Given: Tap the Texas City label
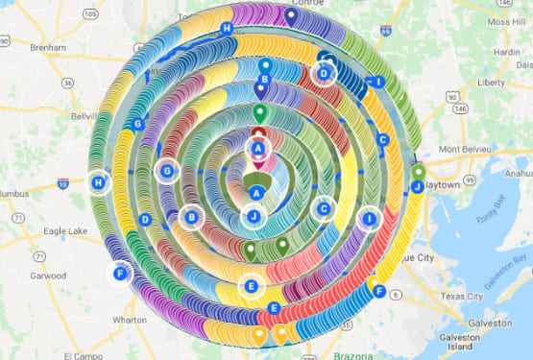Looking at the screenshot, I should coord(461,296).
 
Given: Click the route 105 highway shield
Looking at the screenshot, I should coord(90,14).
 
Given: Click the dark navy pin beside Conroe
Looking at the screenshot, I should coord(291,14).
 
